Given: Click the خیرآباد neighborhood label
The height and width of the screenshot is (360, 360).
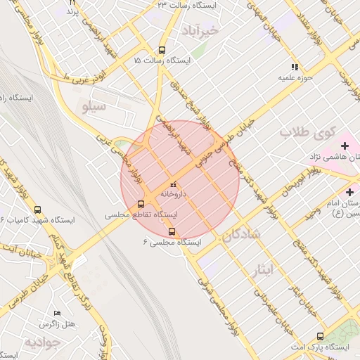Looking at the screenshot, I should [x=200, y=31].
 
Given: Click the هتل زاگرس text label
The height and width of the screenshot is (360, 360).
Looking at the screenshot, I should [x=58, y=324].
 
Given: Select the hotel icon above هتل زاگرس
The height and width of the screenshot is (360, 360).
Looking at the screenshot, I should [x=58, y=313].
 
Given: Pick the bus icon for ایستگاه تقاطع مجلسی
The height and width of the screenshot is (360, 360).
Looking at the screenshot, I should [x=141, y=205].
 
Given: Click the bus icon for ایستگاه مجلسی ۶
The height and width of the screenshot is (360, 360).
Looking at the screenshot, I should [x=172, y=231].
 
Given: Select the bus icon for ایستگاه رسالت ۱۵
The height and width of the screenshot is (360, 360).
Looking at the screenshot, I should [x=162, y=50].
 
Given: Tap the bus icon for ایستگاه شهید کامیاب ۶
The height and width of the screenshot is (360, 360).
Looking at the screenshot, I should [x=37, y=210].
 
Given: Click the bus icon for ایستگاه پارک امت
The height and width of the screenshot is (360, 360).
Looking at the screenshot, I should [x=321, y=337].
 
